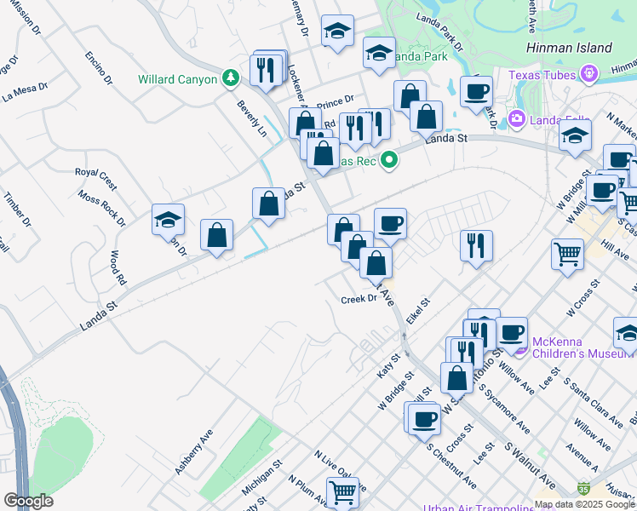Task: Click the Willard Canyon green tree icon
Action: pos(229,78)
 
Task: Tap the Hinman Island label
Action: pos(568,48)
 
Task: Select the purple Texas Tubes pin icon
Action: pos(588,75)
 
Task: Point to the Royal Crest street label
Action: pos(95,173)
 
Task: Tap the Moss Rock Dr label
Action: pos(101,208)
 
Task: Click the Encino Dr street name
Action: pos(99,68)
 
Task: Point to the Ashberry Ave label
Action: pos(193,456)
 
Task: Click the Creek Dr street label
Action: pos(359,299)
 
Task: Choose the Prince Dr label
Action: pos(335,104)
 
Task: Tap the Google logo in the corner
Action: pos(28,501)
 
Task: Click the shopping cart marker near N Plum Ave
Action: pos(342,491)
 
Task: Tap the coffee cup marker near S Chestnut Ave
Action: pos(424,418)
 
